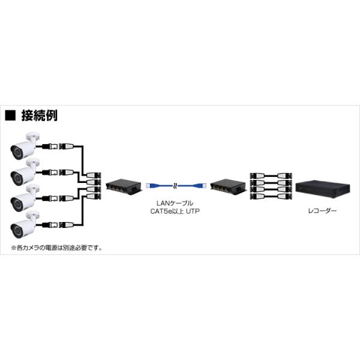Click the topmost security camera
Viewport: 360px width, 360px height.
pos(24,146)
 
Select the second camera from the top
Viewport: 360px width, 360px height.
pos(24,172)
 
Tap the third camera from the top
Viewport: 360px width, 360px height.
pos(24,199)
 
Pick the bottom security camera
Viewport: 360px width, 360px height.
pos(24,224)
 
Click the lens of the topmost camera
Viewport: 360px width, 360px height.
pos(17,152)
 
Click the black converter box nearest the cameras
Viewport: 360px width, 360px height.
pos(124,185)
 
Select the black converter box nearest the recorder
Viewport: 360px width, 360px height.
pos(228,185)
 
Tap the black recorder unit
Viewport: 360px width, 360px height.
pos(323,190)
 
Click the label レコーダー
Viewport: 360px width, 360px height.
pos(322,211)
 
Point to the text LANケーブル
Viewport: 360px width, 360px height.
pos(175,203)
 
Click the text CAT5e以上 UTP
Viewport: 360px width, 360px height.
pos(175,211)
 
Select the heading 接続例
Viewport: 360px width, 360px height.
pos(39,115)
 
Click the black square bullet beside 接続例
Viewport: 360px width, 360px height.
pos(10,115)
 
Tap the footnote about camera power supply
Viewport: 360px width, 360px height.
pos(56,248)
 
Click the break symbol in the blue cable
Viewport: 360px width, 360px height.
pos(175,185)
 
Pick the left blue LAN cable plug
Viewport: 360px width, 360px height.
pos(152,185)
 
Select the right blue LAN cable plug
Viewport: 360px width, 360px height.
pos(200,185)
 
